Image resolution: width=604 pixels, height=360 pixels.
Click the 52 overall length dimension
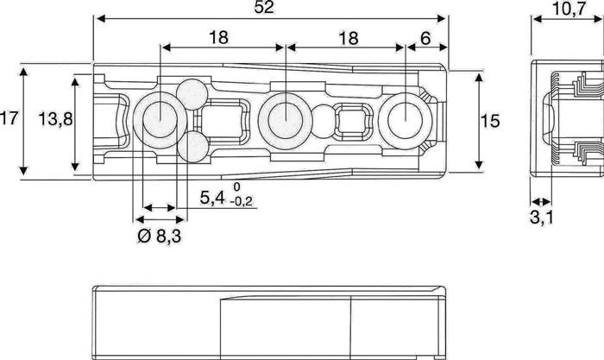point(270,8)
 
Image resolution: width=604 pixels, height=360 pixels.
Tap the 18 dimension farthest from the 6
point(219,38)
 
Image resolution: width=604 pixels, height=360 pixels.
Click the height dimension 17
point(9,120)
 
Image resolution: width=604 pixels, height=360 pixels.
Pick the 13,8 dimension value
point(54,120)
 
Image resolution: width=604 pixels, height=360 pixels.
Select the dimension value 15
point(489,120)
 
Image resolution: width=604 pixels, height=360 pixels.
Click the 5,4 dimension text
point(213,198)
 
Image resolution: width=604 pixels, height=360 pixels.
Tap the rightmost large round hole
point(403,118)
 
